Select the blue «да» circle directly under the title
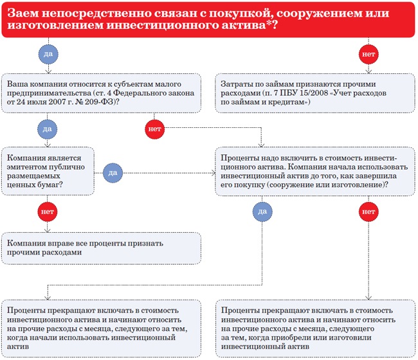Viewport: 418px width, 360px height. (48, 54)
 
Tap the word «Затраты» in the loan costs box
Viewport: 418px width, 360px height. (239, 83)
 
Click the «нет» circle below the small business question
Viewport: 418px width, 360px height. (155, 129)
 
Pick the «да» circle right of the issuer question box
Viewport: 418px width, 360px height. (112, 172)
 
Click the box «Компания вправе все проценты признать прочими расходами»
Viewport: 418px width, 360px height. (101, 248)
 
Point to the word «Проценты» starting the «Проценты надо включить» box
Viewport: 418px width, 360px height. (240, 157)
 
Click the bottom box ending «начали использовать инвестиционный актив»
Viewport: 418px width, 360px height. (101, 324)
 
